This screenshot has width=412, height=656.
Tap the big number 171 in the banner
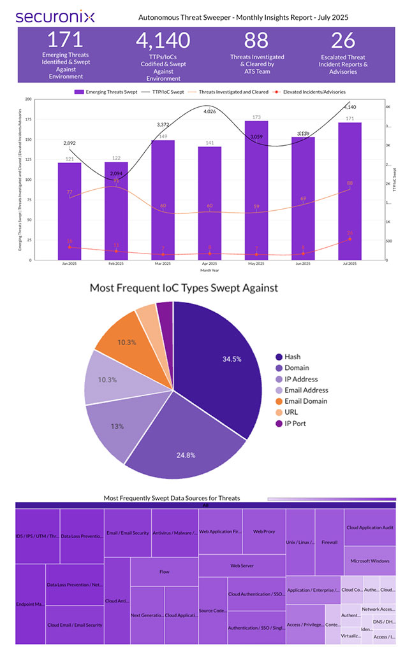coord(66,40)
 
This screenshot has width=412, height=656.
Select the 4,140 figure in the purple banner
coord(163,40)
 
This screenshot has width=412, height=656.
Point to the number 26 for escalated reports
coord(343,40)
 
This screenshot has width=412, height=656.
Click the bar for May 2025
coord(256,191)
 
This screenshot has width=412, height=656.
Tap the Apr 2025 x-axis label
coord(209,263)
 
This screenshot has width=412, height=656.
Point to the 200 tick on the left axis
coord(28,99)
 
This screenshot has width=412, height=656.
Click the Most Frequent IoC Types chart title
coord(184,288)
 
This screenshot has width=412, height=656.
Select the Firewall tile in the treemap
coord(330,542)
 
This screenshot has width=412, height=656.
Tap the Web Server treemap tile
coord(242,565)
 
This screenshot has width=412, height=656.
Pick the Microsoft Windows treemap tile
coord(370,560)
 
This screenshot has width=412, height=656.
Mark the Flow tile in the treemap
coord(165,571)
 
